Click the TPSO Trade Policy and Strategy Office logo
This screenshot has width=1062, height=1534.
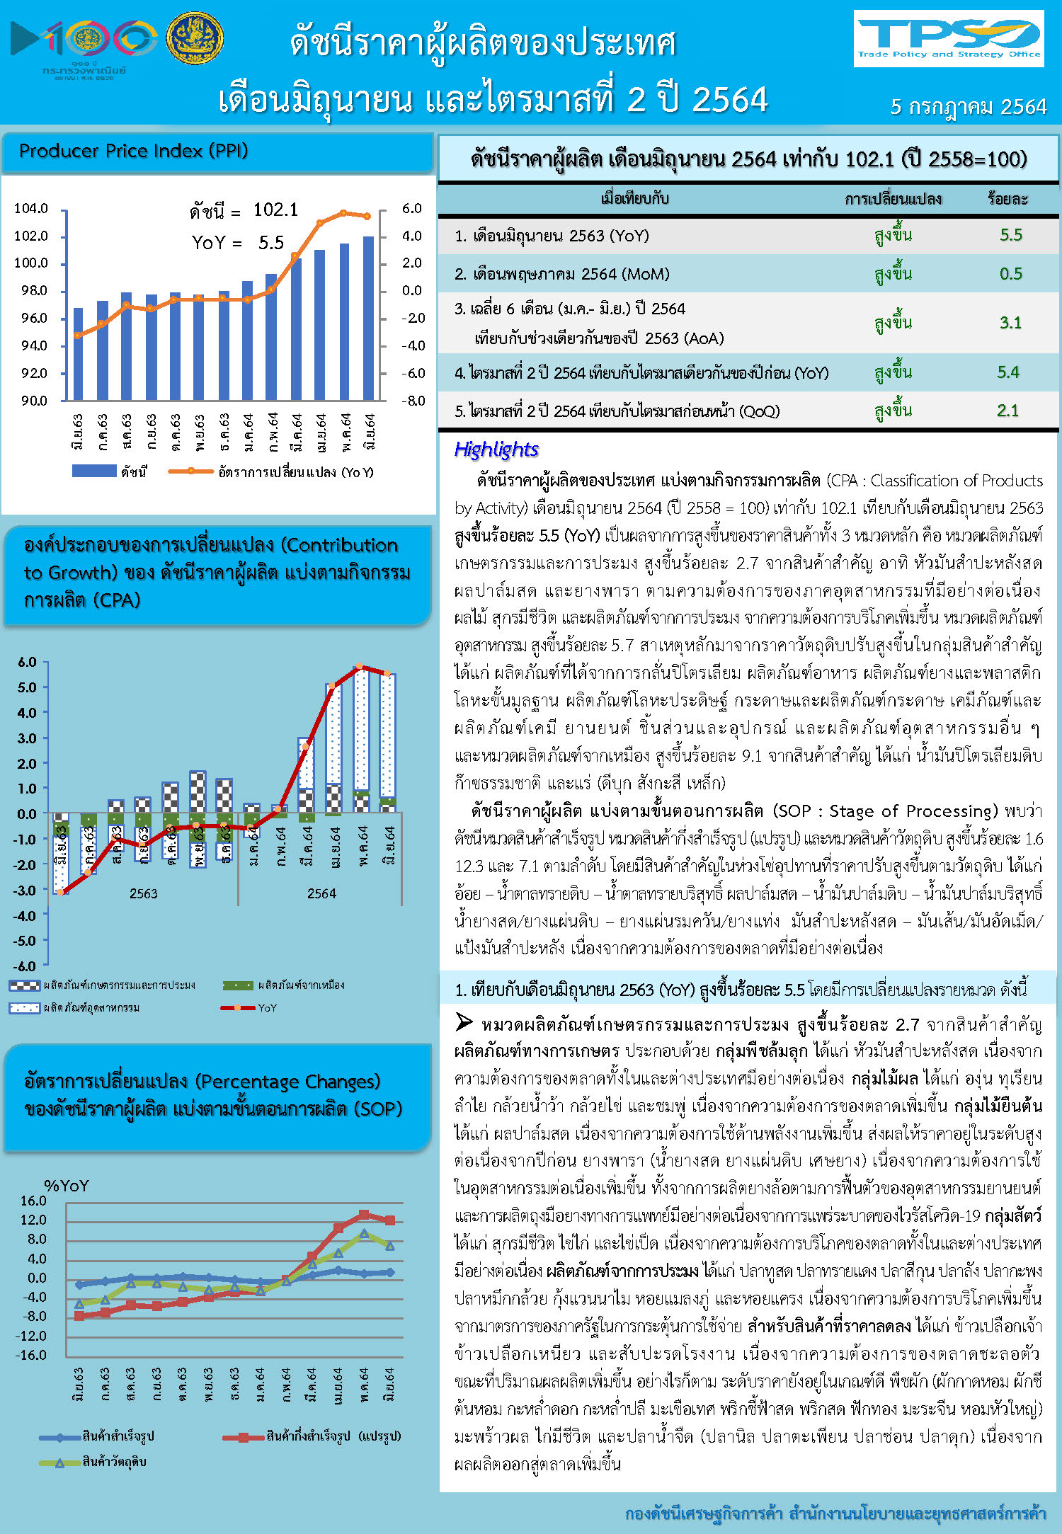(x=948, y=38)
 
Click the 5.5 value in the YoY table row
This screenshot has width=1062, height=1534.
(x=1010, y=235)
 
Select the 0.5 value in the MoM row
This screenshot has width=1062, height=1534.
(x=1010, y=274)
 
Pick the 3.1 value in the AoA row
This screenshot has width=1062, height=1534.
(x=1010, y=323)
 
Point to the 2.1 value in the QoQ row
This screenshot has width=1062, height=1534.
(x=1007, y=411)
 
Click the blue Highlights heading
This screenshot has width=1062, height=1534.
(x=496, y=450)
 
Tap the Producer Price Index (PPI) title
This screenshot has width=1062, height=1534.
(x=133, y=151)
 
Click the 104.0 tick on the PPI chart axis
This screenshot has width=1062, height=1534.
(x=31, y=208)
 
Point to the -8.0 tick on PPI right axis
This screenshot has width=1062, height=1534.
(x=413, y=401)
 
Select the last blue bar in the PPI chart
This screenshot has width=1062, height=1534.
(x=369, y=319)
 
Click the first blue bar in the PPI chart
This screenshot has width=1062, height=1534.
(x=78, y=354)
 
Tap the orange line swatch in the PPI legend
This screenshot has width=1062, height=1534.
(x=190, y=471)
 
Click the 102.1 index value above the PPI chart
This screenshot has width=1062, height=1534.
(x=275, y=210)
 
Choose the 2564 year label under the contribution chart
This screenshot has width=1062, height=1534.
(x=321, y=893)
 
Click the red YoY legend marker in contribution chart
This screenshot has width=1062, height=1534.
(x=237, y=1007)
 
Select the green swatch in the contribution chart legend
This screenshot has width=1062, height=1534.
(x=237, y=985)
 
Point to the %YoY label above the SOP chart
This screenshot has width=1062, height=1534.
(x=67, y=1186)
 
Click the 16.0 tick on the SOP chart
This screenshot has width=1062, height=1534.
(x=33, y=1201)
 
